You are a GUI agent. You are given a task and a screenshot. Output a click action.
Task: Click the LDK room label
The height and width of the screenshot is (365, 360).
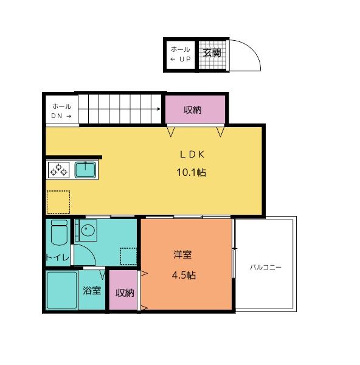190,155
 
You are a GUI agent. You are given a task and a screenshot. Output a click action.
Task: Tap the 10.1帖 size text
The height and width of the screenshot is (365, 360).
190,172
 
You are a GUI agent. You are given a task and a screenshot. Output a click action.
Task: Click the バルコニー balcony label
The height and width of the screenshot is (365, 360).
266,267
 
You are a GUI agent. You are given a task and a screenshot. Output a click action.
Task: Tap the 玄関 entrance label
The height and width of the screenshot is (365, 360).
211,52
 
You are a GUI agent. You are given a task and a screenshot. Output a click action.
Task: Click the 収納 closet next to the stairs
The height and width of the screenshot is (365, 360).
193,110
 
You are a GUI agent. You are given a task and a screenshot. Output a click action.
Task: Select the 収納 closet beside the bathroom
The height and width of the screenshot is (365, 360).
124,293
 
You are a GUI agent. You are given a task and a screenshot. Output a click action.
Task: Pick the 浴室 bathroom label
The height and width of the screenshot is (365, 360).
92,290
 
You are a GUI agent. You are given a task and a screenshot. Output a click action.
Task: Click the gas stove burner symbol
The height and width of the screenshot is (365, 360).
59,170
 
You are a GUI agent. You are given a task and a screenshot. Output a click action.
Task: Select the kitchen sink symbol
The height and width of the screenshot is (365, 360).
85,170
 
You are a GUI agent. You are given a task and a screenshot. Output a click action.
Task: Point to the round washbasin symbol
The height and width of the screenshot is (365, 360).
88,231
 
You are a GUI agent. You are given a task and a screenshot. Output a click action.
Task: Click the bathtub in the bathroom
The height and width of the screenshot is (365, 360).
61,290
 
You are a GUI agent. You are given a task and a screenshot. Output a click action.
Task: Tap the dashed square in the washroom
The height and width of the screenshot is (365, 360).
128,256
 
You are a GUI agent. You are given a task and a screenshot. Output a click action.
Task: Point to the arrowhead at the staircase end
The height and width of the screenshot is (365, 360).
158,109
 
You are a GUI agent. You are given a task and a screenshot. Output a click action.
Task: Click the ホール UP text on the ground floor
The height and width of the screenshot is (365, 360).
180,54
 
